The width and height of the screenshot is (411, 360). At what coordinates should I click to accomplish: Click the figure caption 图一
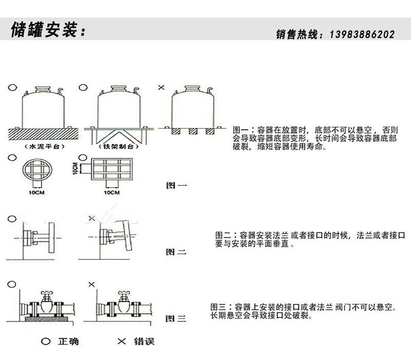176,186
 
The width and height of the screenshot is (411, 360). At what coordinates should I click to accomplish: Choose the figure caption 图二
176,252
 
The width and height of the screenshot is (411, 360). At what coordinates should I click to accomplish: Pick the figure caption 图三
176,319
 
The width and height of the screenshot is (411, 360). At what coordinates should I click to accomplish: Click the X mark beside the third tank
161,87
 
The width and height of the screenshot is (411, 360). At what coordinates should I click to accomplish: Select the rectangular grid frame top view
112,169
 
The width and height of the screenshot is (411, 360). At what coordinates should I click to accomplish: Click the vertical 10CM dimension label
75,168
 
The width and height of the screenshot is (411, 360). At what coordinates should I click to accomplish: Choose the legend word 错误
144,341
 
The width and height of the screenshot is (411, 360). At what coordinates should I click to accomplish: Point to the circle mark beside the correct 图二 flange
11,219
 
